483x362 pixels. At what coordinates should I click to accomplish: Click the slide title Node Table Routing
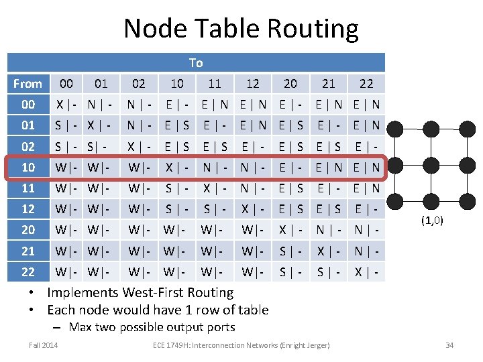coord(241,29)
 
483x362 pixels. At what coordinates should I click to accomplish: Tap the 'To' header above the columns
coord(196,62)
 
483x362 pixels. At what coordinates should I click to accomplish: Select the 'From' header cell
coord(28,84)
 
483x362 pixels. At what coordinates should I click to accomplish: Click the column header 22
coord(366,84)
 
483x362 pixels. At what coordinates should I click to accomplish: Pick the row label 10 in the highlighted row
coord(28,167)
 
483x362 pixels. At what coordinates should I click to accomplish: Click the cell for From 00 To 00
coord(66,105)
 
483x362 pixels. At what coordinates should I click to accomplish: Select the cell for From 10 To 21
coord(329,167)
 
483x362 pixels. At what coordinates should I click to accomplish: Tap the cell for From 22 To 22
coord(366,271)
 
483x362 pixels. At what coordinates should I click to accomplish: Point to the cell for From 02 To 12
coord(253,146)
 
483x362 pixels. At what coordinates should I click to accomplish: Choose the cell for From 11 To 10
coord(177,188)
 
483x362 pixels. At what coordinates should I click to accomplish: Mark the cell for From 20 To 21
coord(329,230)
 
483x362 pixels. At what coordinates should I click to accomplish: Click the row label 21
coord(28,251)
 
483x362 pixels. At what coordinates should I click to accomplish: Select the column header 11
coord(215,84)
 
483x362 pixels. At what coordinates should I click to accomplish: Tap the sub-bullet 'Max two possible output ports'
coord(152,327)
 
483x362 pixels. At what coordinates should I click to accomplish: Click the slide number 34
coord(449,345)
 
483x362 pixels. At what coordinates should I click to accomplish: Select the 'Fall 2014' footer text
coord(43,345)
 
